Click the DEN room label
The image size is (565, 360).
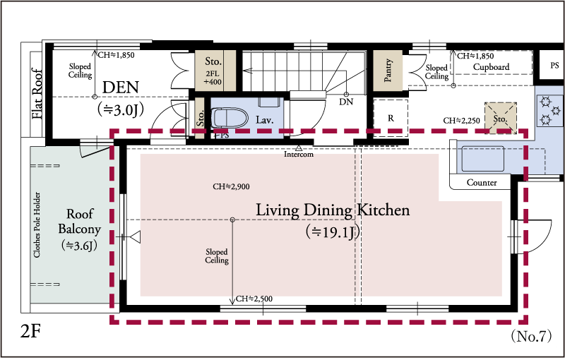coord(121,88)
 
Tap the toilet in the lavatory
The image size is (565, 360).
coord(230,118)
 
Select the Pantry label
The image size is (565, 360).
coord(388,71)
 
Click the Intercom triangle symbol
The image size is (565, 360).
coord(298,148)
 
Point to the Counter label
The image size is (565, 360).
coord(482,183)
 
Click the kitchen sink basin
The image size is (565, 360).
coord(483,158)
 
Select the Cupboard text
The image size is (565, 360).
coord(491,67)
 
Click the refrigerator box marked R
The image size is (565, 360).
coord(391,118)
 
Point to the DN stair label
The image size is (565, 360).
coord(346,102)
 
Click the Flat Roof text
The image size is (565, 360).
coord(37,94)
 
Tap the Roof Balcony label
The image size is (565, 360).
coord(79,222)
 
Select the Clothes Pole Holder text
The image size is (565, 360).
coord(37,224)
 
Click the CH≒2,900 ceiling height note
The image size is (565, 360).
coord(231,186)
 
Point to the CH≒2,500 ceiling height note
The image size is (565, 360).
coord(254,299)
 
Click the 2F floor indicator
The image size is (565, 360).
coord(30,331)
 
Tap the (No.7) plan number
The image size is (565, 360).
coord(531,336)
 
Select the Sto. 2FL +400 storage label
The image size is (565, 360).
coord(213,71)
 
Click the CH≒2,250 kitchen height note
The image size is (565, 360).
coord(462,121)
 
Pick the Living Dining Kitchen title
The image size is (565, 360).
coord(333,210)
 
